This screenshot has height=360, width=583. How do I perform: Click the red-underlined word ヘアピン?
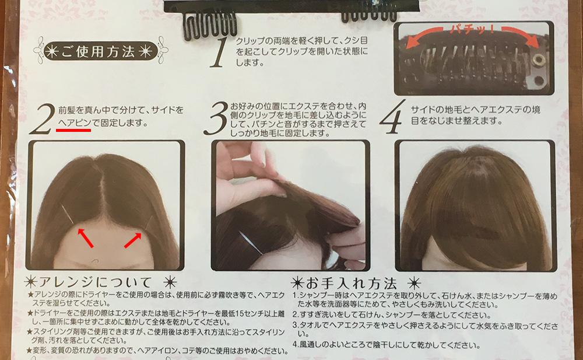tap(75, 124)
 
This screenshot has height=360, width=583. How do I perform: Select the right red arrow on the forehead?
tap(133, 239)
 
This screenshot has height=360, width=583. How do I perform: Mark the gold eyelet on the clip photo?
tap(539, 59)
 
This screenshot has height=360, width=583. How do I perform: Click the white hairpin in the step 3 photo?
tap(248, 241)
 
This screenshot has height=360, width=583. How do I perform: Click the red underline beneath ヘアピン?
tap(73, 131)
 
